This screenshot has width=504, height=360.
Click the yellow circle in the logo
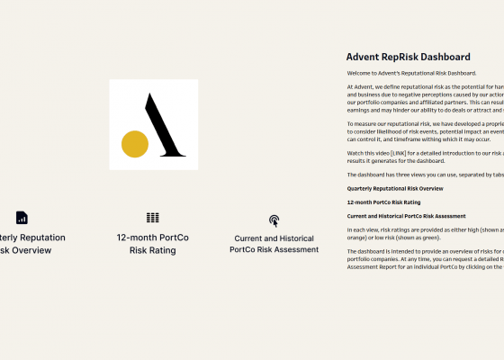(135, 144)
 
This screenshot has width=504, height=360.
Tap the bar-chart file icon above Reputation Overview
(22, 218)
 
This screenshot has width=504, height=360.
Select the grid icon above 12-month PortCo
(153, 218)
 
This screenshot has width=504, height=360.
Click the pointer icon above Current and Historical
(274, 220)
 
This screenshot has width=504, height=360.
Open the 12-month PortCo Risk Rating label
(153, 244)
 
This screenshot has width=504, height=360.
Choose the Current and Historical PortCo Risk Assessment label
(274, 244)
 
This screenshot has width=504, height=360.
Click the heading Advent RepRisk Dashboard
(408, 57)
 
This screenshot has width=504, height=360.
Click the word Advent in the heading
(364, 57)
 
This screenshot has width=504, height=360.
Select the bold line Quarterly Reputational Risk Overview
(395, 189)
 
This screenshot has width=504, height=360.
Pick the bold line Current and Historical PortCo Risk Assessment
(406, 216)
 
